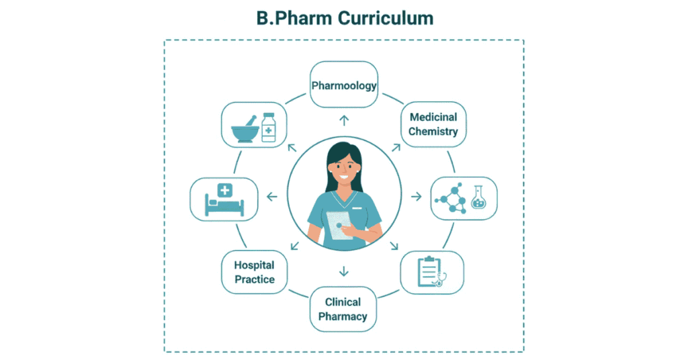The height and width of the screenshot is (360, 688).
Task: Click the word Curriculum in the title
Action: (386, 18)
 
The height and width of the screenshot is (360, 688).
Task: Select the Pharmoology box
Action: (343, 85)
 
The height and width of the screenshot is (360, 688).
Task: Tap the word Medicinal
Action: (433, 117)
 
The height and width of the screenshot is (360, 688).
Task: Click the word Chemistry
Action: (433, 132)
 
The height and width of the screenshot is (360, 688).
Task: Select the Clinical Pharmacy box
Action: (343, 309)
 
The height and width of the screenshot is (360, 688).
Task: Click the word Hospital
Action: (254, 265)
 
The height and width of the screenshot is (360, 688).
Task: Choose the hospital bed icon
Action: (223, 200)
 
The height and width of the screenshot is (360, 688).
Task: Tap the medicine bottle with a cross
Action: (269, 128)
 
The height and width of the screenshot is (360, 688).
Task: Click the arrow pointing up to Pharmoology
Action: (344, 120)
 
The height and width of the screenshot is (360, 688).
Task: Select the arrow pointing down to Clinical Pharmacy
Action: (344, 271)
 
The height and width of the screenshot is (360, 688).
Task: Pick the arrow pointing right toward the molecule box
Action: (417, 196)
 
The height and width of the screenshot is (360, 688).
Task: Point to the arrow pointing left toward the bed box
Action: (271, 196)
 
